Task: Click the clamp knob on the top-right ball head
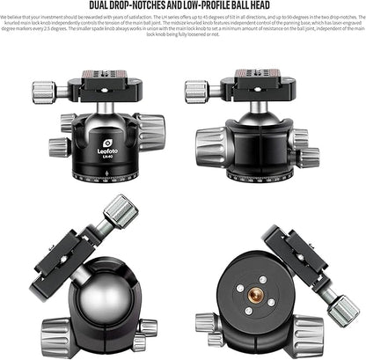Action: (x=196, y=89)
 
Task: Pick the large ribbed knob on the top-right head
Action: (x=212, y=142)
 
